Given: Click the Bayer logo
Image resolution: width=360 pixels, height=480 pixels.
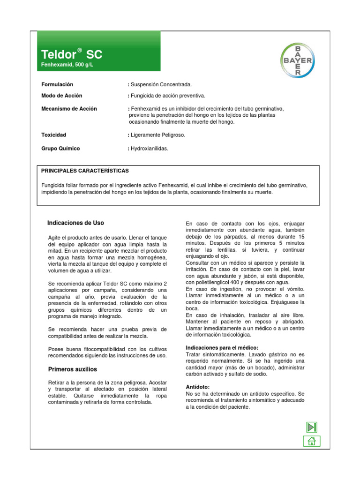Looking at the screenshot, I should pyautogui.click(x=298, y=60).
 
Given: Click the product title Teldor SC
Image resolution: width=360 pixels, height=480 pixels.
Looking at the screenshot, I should pyautogui.click(x=71, y=54).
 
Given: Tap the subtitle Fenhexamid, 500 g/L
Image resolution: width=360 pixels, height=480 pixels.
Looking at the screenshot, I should pyautogui.click(x=67, y=64).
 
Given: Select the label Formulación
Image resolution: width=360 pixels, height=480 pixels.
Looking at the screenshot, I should pyautogui.click(x=58, y=84).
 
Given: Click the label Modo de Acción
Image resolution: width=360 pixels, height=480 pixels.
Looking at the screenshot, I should pyautogui.click(x=62, y=96).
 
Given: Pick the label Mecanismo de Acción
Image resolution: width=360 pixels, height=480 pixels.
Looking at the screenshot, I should pyautogui.click(x=69, y=109).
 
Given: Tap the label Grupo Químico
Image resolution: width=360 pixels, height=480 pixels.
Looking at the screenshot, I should pyautogui.click(x=60, y=149).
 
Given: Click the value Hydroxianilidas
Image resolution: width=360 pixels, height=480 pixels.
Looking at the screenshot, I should pyautogui.click(x=149, y=149).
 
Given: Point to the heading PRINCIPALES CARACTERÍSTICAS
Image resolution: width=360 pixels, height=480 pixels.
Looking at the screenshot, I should pyautogui.click(x=85, y=171).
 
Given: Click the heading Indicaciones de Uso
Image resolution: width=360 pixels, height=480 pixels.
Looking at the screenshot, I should pyautogui.click(x=76, y=223).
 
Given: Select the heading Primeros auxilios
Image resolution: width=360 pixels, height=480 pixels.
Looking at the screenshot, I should pyautogui.click(x=73, y=369).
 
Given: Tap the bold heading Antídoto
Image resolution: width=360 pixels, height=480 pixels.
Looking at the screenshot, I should pyautogui.click(x=198, y=387).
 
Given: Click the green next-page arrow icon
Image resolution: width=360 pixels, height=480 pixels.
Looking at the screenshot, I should pyautogui.click(x=312, y=427).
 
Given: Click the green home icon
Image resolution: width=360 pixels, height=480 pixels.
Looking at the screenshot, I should pyautogui.click(x=311, y=441).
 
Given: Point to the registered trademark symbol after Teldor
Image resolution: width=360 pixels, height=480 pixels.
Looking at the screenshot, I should pyautogui.click(x=80, y=50).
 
